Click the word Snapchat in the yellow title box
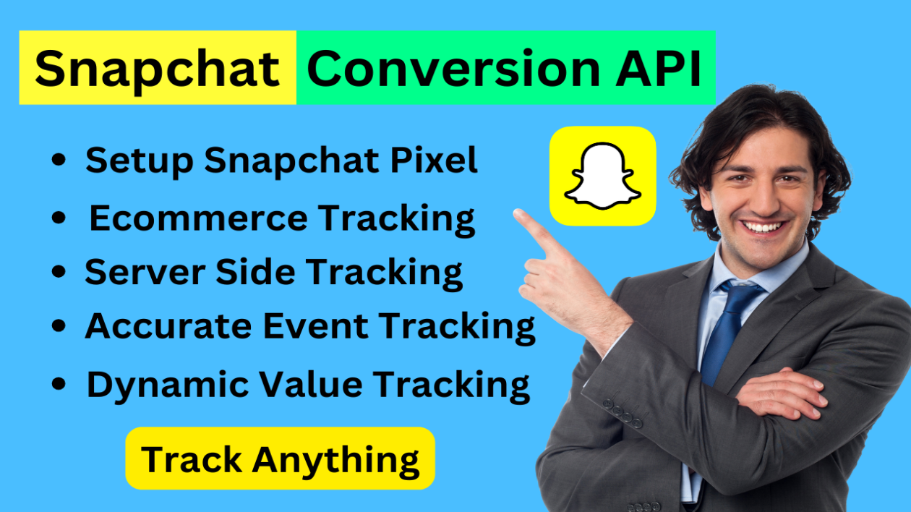(157, 70)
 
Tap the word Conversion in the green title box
(453, 68)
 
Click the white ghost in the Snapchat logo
(603, 176)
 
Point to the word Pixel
(434, 160)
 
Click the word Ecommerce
(198, 218)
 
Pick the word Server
(145, 272)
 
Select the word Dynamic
(168, 385)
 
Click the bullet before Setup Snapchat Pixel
(59, 159)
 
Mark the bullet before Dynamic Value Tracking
(59, 384)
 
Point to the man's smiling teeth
(764, 226)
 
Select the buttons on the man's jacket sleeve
(623, 413)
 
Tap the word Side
(255, 272)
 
